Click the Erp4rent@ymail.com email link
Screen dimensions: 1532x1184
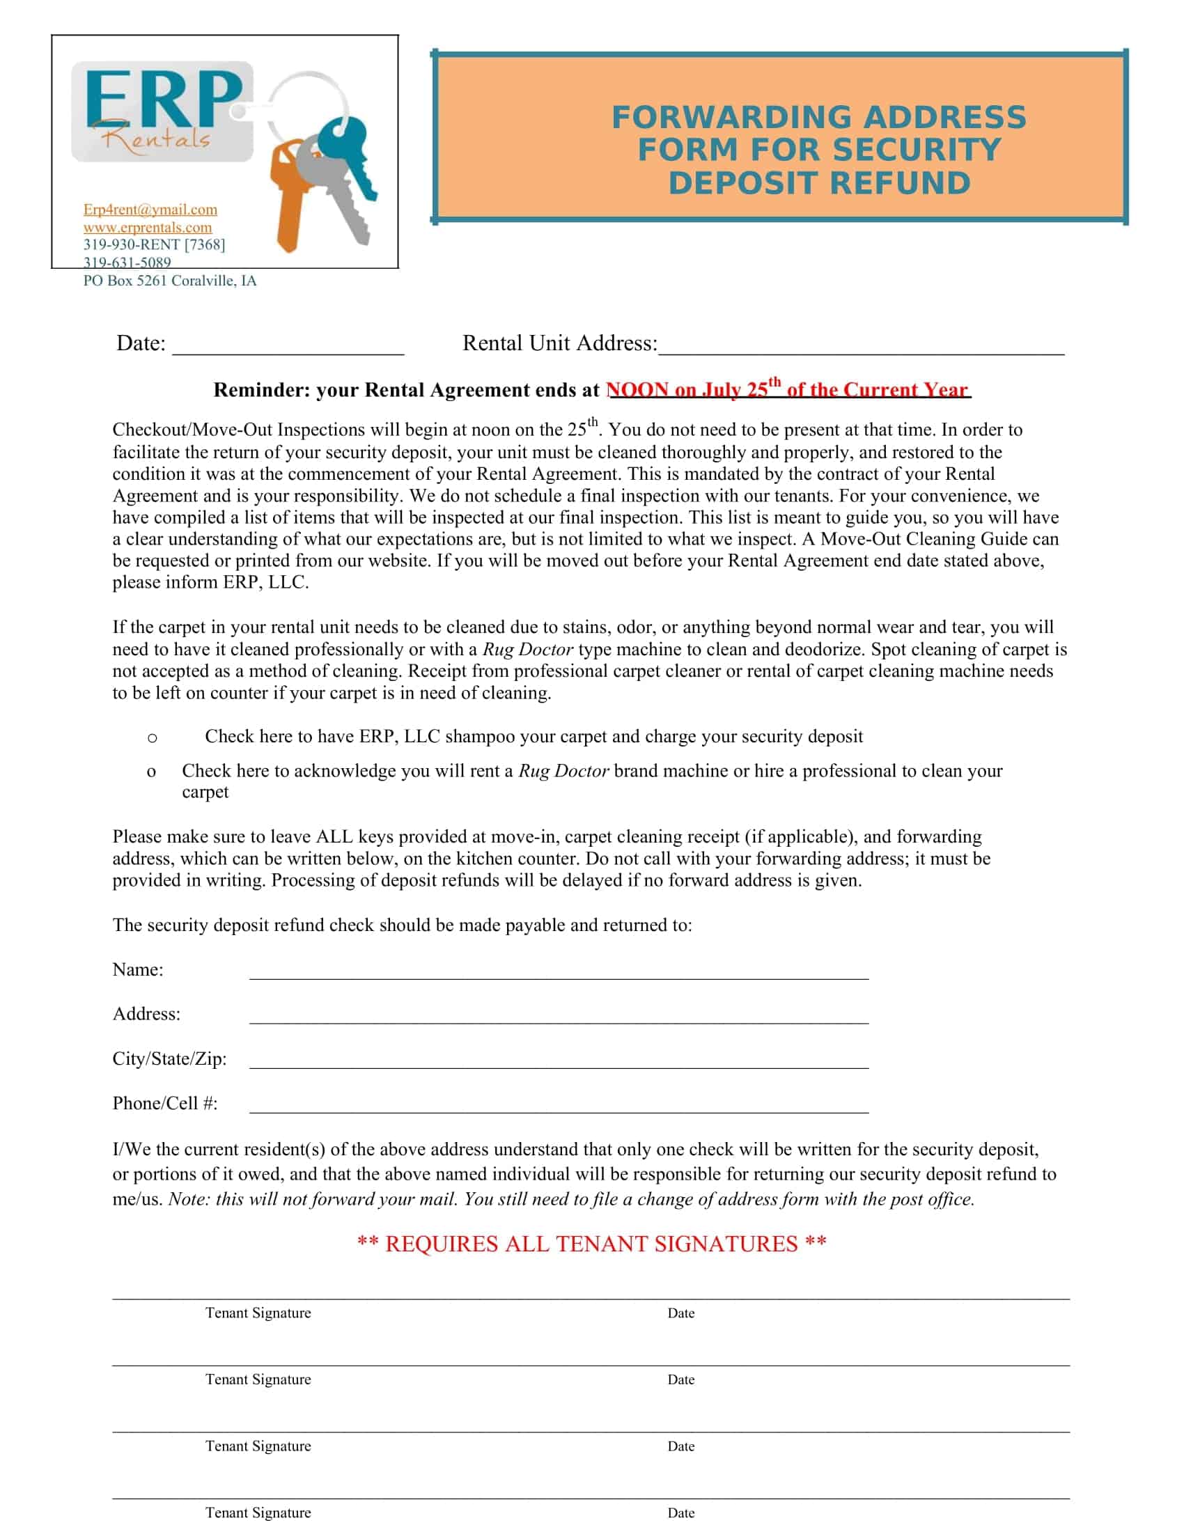tap(150, 210)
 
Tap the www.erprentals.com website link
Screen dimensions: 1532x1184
tap(147, 227)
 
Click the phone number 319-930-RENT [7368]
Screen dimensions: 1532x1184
tap(154, 245)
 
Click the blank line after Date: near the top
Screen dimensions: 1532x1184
tap(288, 347)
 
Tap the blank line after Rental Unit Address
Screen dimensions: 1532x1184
tap(861, 347)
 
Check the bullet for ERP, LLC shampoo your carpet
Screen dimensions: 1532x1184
tap(153, 738)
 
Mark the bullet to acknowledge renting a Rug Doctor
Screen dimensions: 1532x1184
tap(151, 772)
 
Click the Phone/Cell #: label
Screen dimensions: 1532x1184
tap(165, 1104)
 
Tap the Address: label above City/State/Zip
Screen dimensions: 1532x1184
tap(146, 1015)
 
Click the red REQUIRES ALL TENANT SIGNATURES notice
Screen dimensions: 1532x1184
tap(591, 1244)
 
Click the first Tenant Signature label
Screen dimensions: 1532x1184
tap(258, 1313)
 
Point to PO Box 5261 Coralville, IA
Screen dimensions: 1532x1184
tap(170, 281)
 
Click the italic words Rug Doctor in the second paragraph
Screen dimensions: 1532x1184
tap(527, 650)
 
